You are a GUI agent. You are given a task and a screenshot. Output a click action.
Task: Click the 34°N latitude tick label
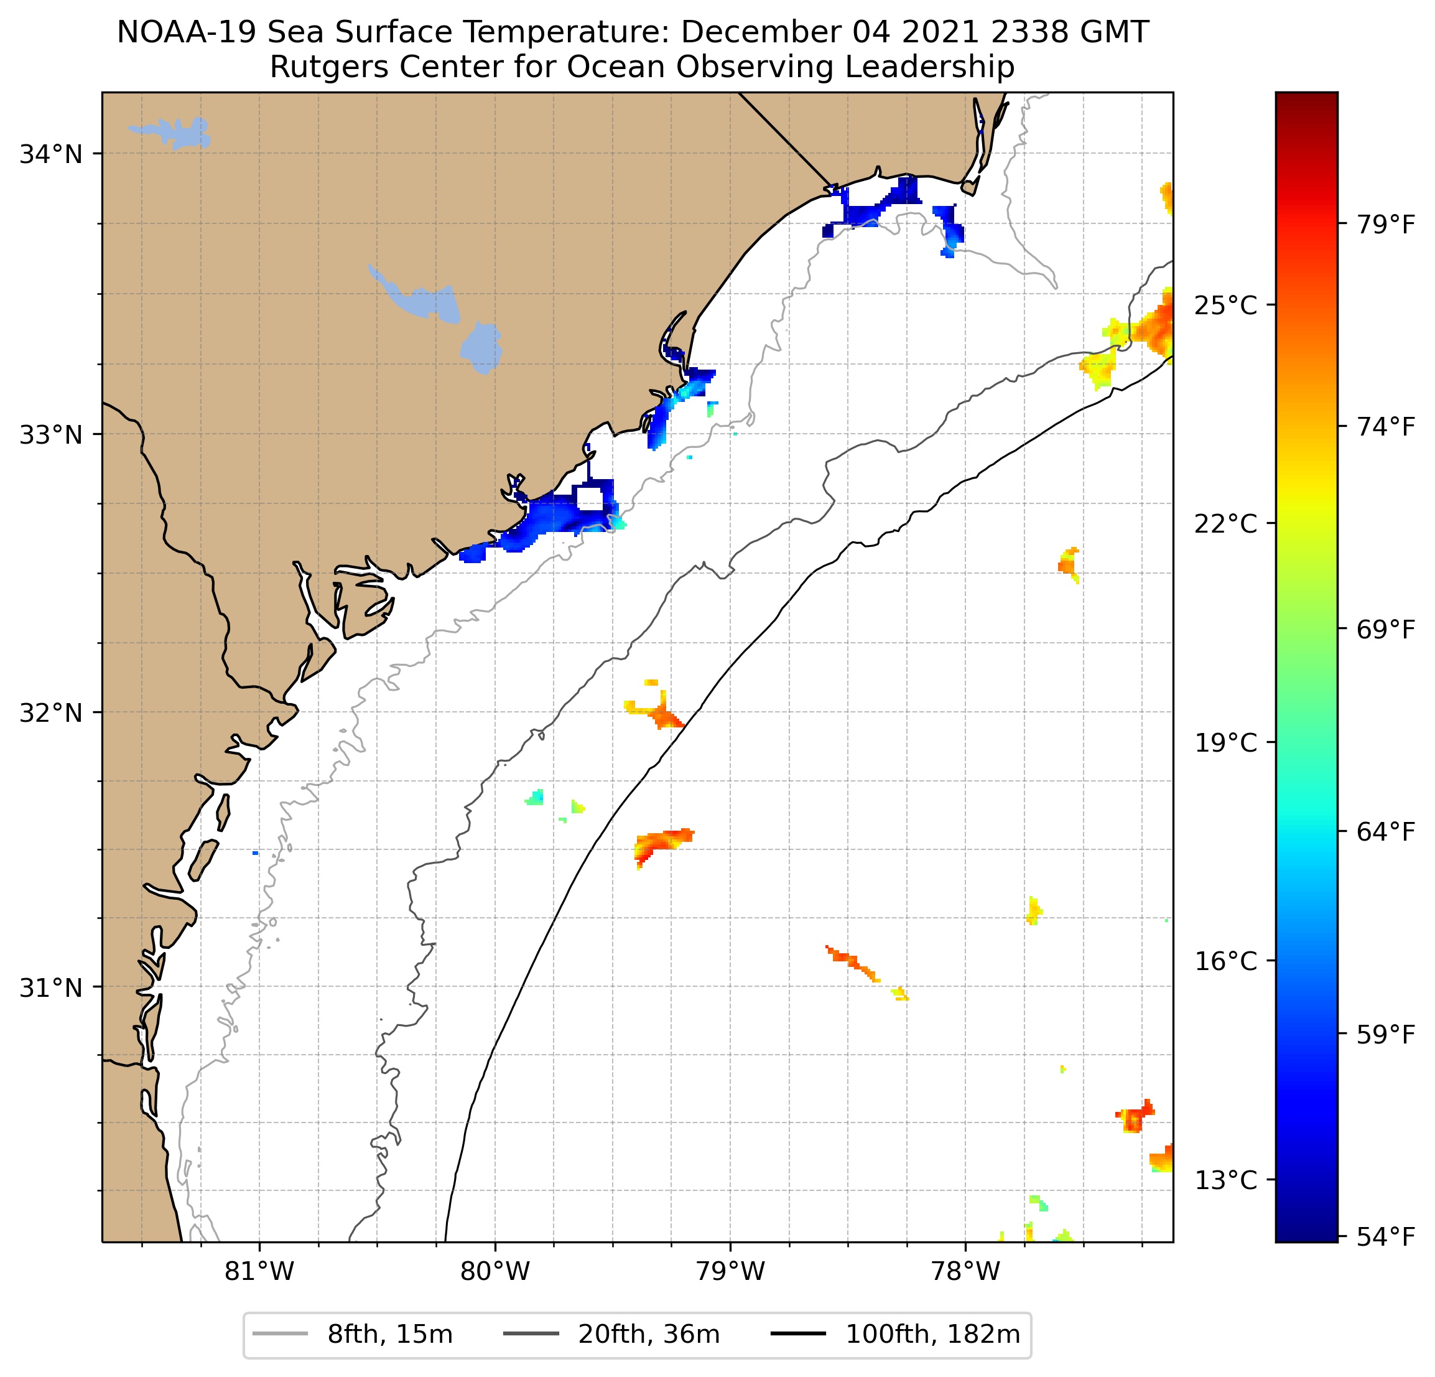tap(50, 154)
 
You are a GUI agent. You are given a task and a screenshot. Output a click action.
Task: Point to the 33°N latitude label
tap(50, 435)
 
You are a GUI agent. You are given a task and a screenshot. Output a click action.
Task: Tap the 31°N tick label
tap(50, 988)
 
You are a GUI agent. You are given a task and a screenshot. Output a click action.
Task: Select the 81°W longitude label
tap(259, 1271)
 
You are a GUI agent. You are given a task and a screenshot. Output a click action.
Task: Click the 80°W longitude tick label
tap(495, 1271)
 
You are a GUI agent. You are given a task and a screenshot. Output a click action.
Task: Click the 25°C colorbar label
tap(1225, 306)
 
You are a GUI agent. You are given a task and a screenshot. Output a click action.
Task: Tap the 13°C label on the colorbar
tap(1225, 1181)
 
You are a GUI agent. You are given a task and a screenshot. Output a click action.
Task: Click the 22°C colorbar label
tap(1225, 525)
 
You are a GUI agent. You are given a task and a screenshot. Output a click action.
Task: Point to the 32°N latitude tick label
tap(50, 712)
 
